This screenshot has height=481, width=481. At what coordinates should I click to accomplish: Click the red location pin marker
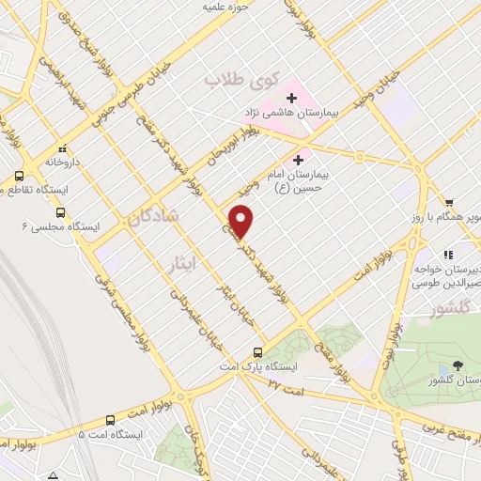pos(242,222)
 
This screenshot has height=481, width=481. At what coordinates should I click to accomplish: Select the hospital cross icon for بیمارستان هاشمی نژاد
pos(291,98)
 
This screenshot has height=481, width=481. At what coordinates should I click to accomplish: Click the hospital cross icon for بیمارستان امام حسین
pos(300,159)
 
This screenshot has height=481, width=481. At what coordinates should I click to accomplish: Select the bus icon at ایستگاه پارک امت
pos(257,353)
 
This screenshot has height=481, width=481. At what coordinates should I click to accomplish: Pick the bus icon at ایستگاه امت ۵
pos(111,420)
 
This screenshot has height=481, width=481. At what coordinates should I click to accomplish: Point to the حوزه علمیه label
pos(232,8)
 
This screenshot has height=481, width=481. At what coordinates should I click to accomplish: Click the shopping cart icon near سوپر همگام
pos(450,201)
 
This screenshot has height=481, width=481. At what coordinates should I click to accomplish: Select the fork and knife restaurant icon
pos(449,254)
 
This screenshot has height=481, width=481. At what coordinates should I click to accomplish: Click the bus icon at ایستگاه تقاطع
pos(19,176)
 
